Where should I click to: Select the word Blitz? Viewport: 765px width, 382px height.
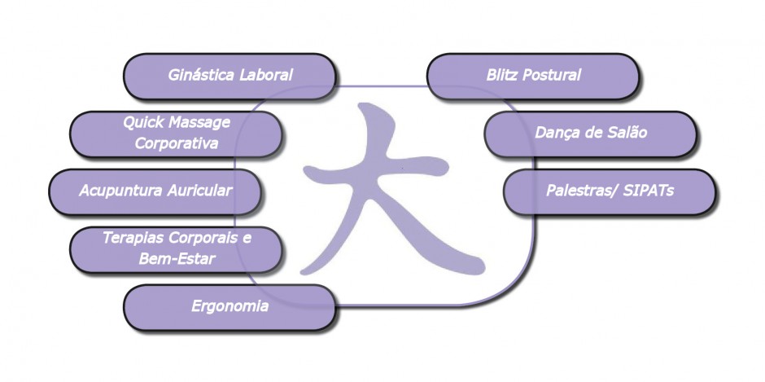click(501, 75)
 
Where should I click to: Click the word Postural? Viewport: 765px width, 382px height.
click(552, 75)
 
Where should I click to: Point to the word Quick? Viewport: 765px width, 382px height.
click(143, 122)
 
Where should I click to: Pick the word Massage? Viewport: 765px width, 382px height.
click(199, 123)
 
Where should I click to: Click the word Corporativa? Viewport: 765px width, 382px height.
click(177, 143)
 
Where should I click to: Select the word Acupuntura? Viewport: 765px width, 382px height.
click(120, 190)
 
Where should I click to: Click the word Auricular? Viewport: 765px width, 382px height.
click(199, 190)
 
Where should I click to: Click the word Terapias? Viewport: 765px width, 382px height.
click(133, 239)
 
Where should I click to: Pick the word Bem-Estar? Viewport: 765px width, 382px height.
click(177, 258)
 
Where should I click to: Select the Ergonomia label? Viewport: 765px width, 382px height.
click(229, 306)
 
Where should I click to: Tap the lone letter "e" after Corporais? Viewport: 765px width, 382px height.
click(247, 239)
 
